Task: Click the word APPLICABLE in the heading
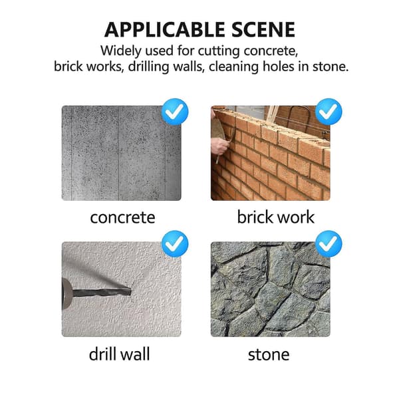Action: [165, 30]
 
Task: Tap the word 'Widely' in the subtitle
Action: [121, 51]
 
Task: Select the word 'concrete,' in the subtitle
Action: [271, 51]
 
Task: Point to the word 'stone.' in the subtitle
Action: [331, 66]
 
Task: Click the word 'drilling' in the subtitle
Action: [148, 66]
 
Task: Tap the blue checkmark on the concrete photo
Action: [175, 112]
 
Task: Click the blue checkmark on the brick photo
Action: [329, 112]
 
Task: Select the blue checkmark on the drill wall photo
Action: [175, 244]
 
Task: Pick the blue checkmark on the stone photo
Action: [329, 244]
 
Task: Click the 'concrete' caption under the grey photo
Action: [122, 217]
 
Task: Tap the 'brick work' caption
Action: [276, 217]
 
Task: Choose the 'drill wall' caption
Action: [119, 354]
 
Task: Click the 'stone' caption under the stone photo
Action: [269, 354]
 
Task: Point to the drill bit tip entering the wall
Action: [130, 291]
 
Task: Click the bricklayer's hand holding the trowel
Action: [219, 146]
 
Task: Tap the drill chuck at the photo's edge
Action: [66, 293]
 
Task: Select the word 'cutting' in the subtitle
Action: [219, 52]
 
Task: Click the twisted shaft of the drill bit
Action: [101, 293]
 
